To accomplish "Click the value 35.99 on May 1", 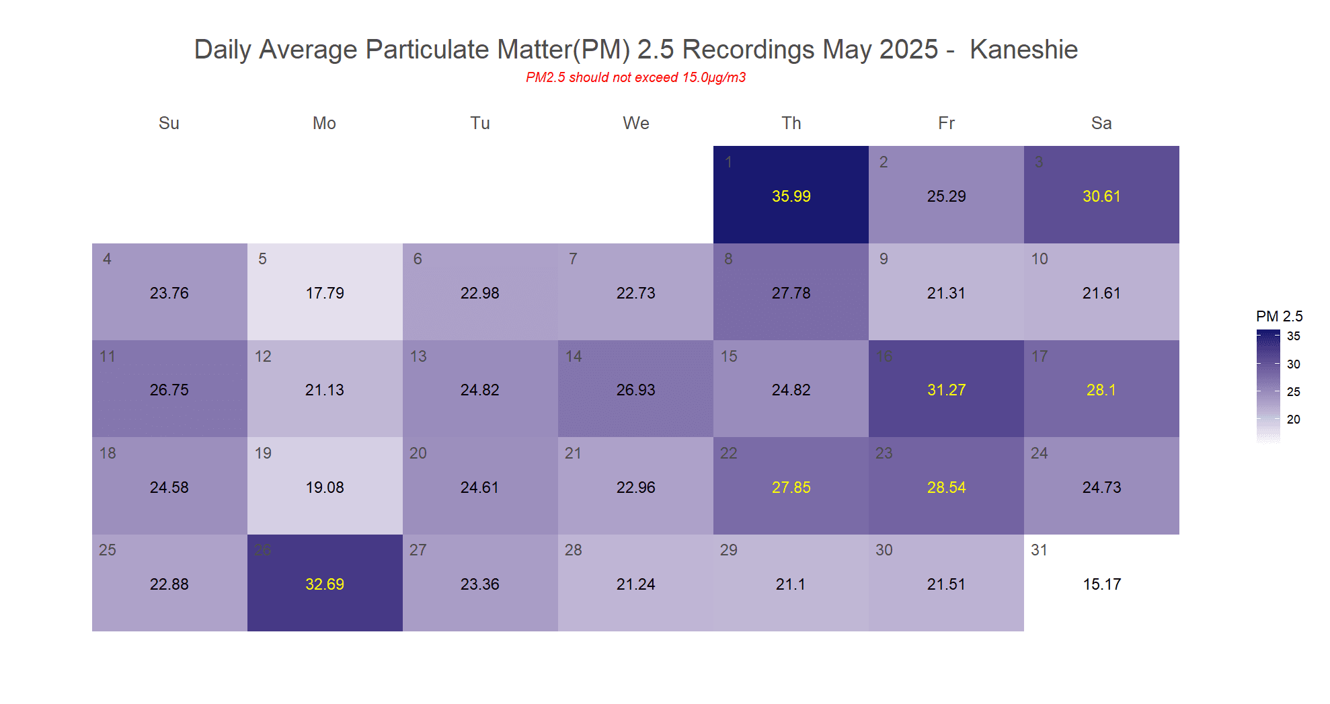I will (791, 196).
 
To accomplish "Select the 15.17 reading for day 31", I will (1101, 584).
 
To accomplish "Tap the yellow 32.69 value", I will (325, 584).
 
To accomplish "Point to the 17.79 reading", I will (325, 293).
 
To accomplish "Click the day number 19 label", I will (263, 453).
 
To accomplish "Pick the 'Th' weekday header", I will (791, 123).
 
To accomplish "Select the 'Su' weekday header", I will (169, 123).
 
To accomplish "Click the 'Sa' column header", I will (1101, 123).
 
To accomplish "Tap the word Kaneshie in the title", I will (1023, 50).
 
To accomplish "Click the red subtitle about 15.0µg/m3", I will (635, 77).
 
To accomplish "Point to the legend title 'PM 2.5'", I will (1279, 316).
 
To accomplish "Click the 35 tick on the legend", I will (1293, 336).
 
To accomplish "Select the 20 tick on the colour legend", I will (1293, 420).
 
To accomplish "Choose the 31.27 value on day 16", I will (946, 390).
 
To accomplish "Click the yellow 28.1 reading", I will (1101, 390).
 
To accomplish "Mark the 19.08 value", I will (325, 487).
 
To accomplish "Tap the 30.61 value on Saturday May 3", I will (1101, 196).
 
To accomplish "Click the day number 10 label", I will (1040, 259).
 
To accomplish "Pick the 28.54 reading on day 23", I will (946, 487).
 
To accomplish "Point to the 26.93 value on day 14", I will (635, 390).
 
